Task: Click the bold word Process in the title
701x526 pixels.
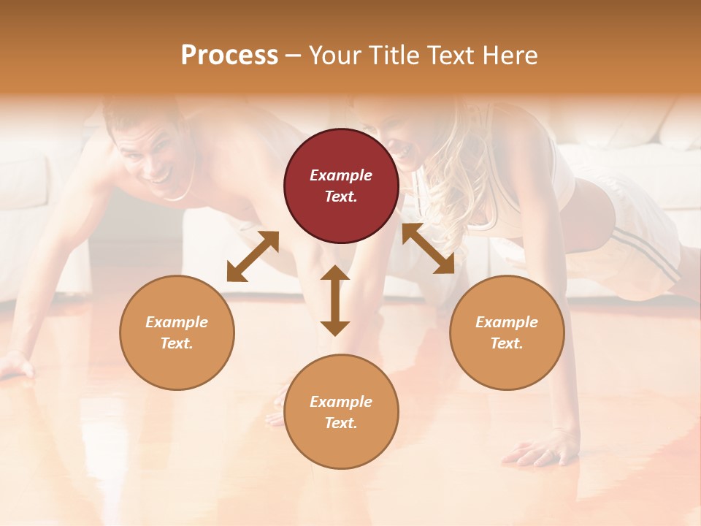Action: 229,56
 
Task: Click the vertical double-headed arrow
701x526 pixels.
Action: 335,300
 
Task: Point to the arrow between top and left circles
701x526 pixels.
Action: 253,256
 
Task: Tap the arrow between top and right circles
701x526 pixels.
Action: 428,248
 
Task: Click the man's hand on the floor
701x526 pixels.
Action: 16,364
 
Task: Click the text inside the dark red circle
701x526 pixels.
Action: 341,186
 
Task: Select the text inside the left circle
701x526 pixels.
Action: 177,332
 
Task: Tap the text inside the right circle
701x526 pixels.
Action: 507,332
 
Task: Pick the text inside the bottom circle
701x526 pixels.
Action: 341,412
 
